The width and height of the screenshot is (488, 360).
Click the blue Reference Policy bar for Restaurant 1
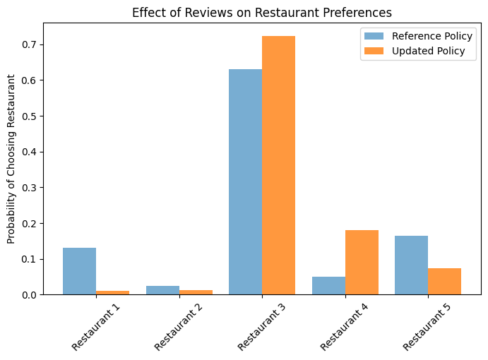79,271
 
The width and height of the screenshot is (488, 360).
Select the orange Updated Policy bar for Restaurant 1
112,292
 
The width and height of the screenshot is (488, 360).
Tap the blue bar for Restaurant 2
162,290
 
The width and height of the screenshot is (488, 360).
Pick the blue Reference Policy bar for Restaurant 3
245,181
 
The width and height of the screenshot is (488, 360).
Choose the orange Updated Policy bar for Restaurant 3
278,165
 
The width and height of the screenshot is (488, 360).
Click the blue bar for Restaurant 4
328,285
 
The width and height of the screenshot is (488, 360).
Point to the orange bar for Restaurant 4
362,262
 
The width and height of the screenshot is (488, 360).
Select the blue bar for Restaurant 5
411,265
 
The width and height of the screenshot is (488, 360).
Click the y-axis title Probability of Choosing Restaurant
11,158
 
